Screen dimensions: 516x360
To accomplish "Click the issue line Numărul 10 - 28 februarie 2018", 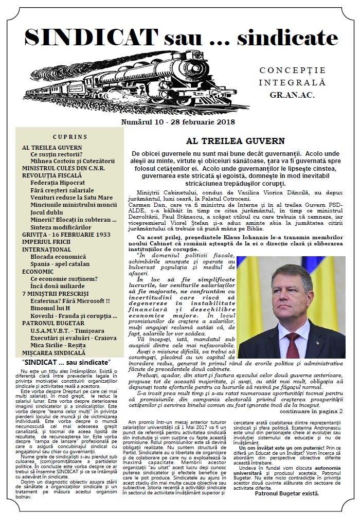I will pos(178,122).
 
